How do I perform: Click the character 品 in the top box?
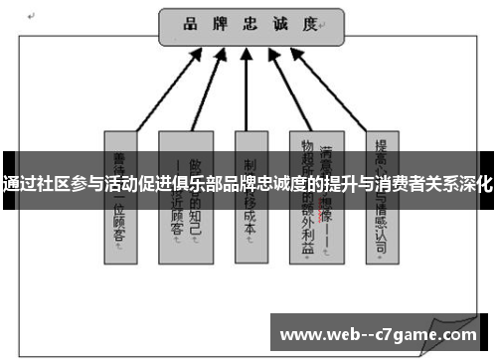point(188,24)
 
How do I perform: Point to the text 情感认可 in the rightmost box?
point(379,223)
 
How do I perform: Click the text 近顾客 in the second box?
point(185,223)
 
